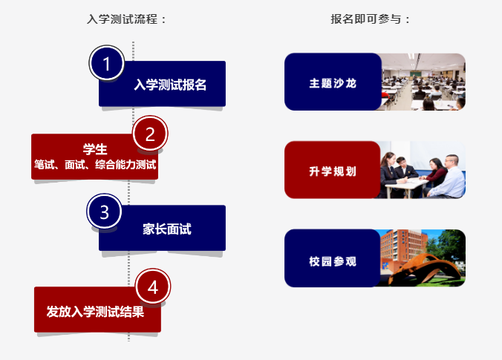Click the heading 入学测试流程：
click(x=128, y=19)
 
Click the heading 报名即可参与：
click(x=371, y=19)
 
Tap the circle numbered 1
click(x=106, y=64)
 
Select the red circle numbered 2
click(x=150, y=134)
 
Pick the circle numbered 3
click(x=105, y=212)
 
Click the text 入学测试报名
click(x=170, y=85)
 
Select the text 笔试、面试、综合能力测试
click(x=95, y=164)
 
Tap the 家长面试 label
click(x=167, y=229)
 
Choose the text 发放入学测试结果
click(x=94, y=310)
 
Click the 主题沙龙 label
click(x=333, y=82)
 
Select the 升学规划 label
click(x=333, y=171)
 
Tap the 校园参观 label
click(x=333, y=261)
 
